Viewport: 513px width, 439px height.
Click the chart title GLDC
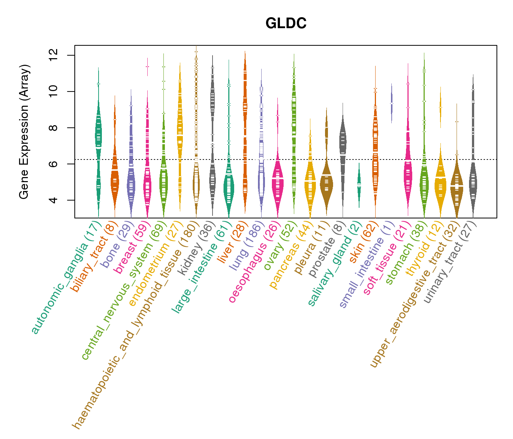[286, 23]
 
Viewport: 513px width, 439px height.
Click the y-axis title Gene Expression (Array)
[24, 132]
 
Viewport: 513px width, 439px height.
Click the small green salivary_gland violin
[359, 185]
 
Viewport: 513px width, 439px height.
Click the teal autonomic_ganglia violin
[98, 135]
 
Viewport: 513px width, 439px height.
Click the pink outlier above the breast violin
[147, 66]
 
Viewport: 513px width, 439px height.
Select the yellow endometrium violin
[180, 128]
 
